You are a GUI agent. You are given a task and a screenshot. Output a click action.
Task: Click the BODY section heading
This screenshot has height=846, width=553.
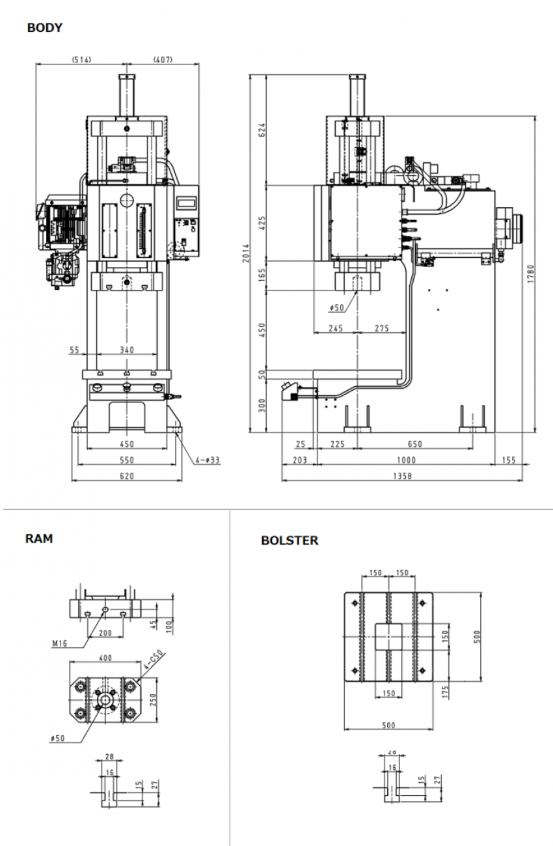click(45, 28)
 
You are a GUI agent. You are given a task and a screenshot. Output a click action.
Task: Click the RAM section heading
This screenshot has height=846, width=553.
click(39, 539)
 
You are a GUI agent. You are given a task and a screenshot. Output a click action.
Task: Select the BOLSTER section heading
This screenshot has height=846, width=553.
click(290, 541)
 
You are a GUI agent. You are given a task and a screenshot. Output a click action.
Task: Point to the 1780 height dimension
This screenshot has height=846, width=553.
click(530, 273)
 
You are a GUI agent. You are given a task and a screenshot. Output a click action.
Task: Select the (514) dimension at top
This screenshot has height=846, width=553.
click(81, 59)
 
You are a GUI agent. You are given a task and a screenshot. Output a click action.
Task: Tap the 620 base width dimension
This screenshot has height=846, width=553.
click(126, 476)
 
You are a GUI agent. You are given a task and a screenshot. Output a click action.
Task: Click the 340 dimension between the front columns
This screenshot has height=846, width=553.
click(126, 350)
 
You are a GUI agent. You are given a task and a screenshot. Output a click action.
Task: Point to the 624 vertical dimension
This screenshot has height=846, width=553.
click(262, 129)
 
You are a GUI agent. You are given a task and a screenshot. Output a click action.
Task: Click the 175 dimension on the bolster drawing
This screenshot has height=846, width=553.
click(445, 692)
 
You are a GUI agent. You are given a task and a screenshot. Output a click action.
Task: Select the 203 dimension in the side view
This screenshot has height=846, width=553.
click(299, 460)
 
